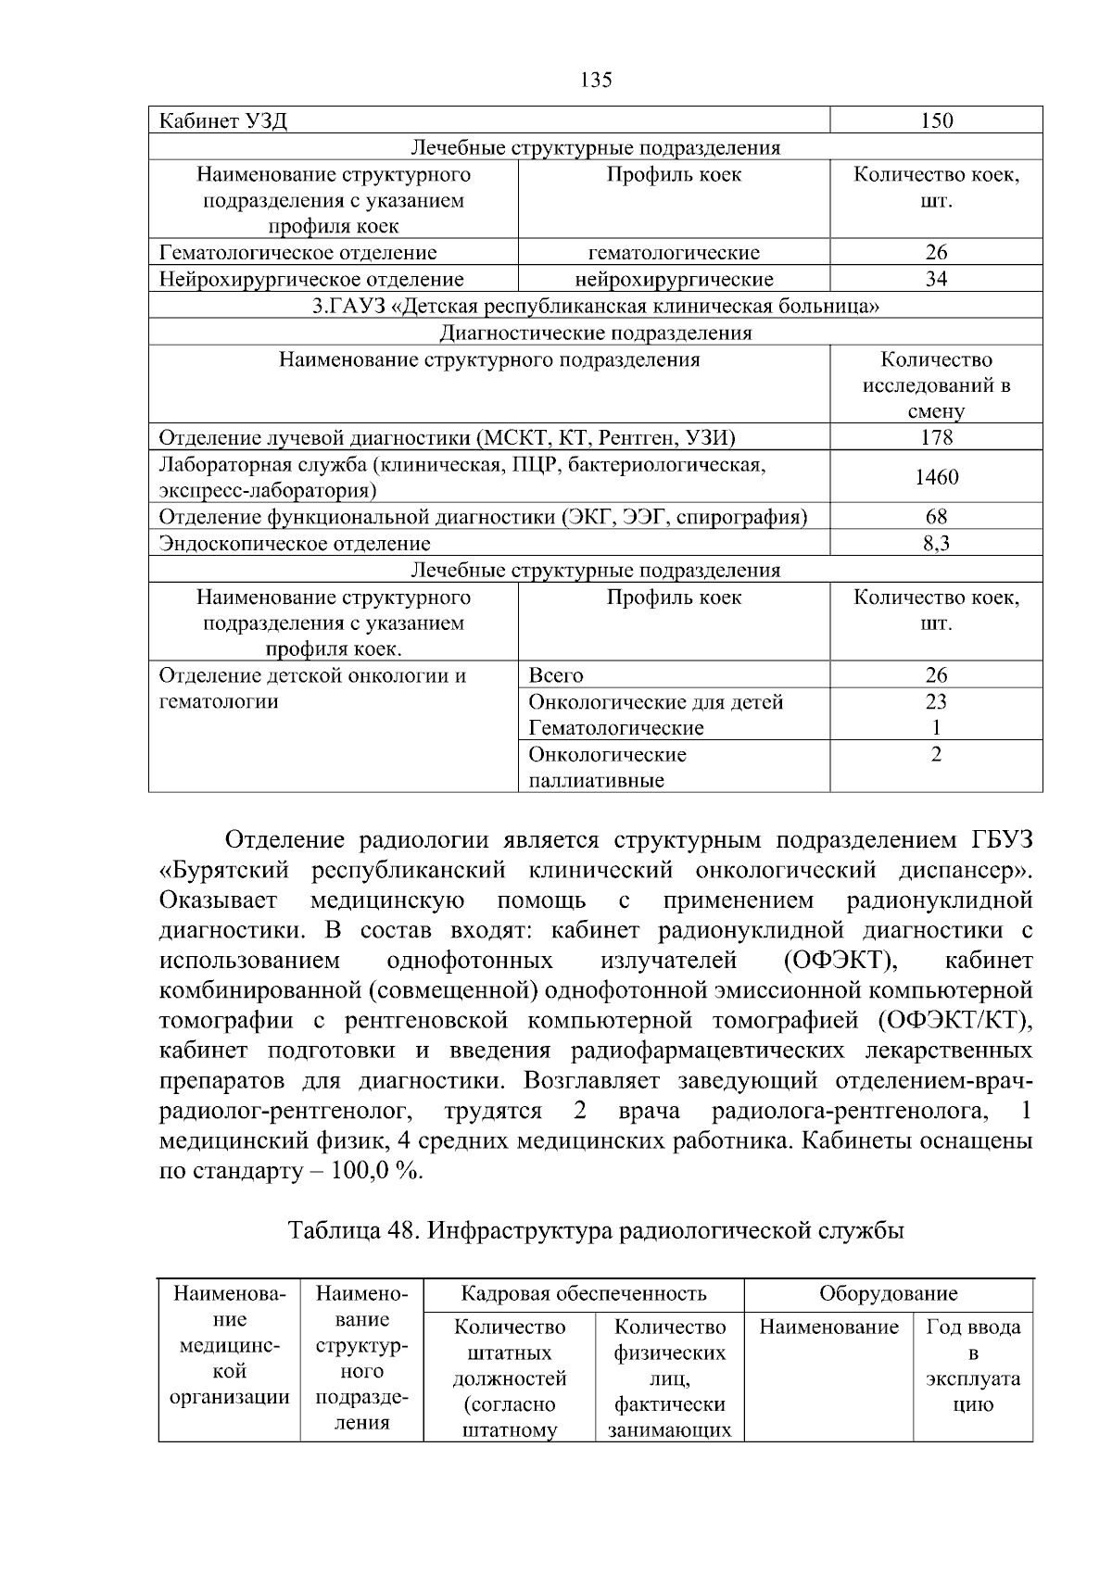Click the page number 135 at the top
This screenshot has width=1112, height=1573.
coord(596,81)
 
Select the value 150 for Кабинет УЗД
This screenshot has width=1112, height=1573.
coord(936,121)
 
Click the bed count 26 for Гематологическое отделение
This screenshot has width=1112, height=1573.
coord(936,253)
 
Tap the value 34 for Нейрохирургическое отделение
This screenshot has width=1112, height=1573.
coord(936,280)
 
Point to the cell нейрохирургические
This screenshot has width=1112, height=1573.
coord(674,280)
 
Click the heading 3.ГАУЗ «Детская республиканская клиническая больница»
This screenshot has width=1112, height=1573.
coord(595,307)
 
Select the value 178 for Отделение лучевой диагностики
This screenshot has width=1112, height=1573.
coord(936,438)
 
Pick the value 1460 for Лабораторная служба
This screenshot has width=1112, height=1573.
coord(936,478)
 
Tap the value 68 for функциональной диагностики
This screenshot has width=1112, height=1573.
coord(936,517)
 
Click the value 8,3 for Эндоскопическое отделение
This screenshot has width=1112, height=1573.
coord(936,544)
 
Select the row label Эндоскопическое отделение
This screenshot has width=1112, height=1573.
coord(295,544)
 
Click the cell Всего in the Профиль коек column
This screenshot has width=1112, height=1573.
coord(556,675)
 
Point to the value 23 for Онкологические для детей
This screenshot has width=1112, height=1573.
coord(936,702)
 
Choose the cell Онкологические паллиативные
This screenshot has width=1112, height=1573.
coord(607,767)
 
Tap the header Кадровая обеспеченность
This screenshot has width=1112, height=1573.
coord(584,1294)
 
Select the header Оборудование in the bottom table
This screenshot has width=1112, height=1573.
coord(888,1294)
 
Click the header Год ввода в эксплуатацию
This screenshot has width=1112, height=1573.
coord(972,1365)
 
